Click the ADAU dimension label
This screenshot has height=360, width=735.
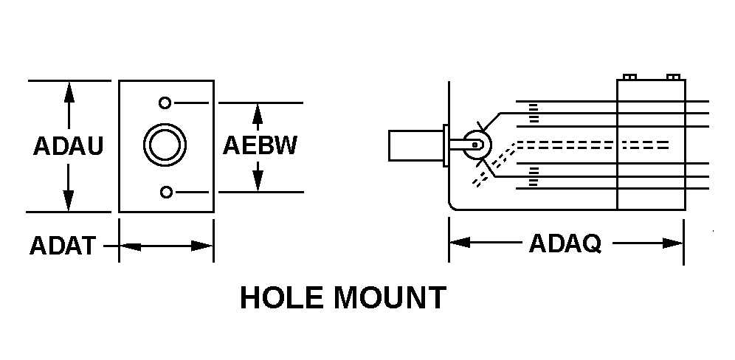click(x=68, y=146)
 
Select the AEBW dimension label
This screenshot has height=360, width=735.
click(x=260, y=145)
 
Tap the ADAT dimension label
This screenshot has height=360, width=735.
click(x=63, y=245)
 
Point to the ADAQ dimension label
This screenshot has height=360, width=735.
click(x=565, y=243)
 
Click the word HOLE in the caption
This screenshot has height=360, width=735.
click(x=283, y=298)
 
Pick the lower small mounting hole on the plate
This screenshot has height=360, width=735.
click(x=167, y=193)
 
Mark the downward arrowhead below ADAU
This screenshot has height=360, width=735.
click(x=69, y=200)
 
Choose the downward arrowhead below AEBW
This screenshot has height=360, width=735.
click(x=258, y=180)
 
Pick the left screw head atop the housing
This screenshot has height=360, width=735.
click(x=629, y=77)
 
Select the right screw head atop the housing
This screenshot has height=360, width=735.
click(x=672, y=77)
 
